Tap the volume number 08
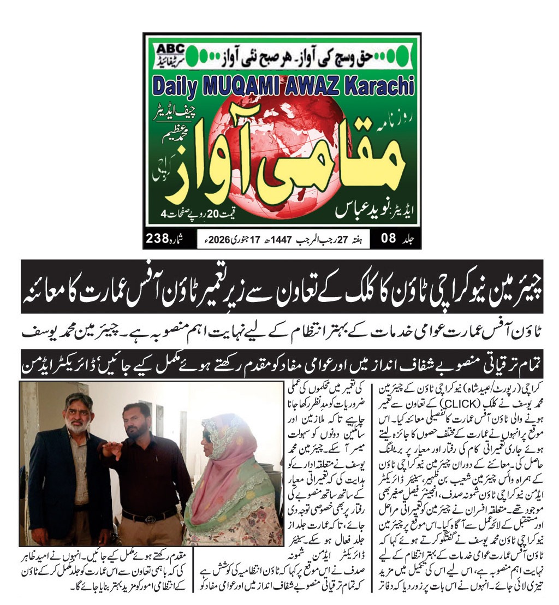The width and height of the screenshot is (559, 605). (388, 238)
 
